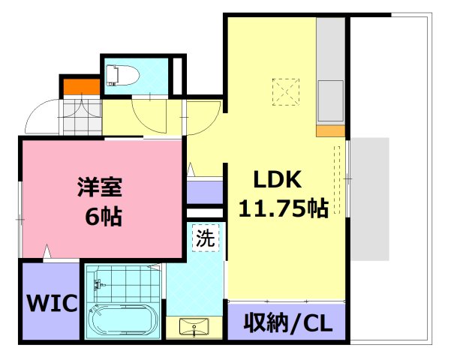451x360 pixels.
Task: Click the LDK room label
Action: [277, 180]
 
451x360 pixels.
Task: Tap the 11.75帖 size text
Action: [283, 208]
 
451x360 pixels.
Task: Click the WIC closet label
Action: [53, 304]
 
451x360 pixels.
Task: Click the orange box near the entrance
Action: [80, 86]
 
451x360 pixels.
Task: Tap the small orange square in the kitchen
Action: [329, 132]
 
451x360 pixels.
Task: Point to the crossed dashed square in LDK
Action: [286, 93]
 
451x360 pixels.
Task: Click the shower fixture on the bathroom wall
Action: [96, 283]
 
